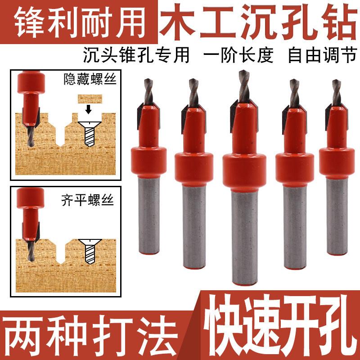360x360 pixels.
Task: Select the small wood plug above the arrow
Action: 90,98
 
